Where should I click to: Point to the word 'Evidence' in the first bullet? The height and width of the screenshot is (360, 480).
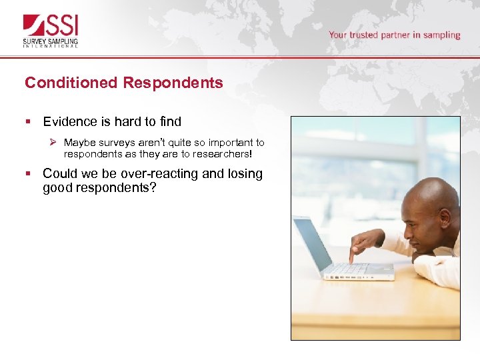[69, 121]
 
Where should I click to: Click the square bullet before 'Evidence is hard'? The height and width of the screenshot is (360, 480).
[28, 122]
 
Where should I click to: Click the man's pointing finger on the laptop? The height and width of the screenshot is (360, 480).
[351, 259]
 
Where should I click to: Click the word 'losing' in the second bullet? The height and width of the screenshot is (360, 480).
[246, 173]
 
